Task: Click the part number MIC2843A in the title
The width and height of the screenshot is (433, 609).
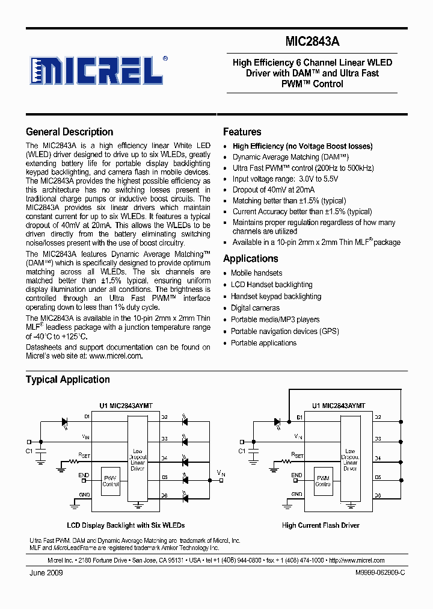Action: click(x=312, y=42)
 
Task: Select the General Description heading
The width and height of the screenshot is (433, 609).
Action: click(x=69, y=132)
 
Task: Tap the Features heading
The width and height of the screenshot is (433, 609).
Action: click(x=242, y=132)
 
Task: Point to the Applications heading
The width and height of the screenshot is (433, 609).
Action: click(x=250, y=259)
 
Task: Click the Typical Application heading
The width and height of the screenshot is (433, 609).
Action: click(x=67, y=380)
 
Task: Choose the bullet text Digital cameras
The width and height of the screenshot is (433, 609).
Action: click(x=255, y=308)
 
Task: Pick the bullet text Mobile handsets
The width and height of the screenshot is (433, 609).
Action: click(x=256, y=273)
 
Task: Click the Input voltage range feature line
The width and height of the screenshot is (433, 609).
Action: click(x=285, y=179)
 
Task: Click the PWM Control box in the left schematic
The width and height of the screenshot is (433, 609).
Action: click(x=111, y=481)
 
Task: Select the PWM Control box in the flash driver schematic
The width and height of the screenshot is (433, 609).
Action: click(x=323, y=481)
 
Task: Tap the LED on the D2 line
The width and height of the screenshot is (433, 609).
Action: click(x=185, y=421)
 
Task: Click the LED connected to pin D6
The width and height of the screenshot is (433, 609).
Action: click(x=185, y=497)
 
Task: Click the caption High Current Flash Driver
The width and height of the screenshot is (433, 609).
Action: click(x=321, y=525)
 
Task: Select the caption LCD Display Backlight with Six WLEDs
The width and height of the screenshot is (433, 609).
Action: click(x=126, y=525)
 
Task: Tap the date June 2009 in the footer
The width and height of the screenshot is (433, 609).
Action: click(x=46, y=573)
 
